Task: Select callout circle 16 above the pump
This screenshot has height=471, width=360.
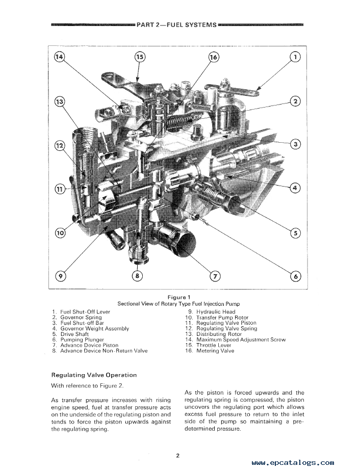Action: coord(214,57)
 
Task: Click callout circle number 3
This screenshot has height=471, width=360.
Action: coord(295,144)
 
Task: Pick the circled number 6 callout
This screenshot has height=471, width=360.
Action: coord(295,276)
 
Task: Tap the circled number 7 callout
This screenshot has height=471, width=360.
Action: coord(215,276)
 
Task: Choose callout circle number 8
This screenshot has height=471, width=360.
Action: coord(137,276)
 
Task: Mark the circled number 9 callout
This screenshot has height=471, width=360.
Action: coord(61,276)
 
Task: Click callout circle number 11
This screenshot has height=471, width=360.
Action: coord(61,189)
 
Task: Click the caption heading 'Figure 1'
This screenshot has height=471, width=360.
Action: coord(178,297)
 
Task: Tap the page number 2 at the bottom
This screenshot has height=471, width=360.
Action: coord(178,456)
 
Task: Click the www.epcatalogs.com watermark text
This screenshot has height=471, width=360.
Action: coord(293,463)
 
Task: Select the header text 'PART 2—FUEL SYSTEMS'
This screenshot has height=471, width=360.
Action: coord(177,24)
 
